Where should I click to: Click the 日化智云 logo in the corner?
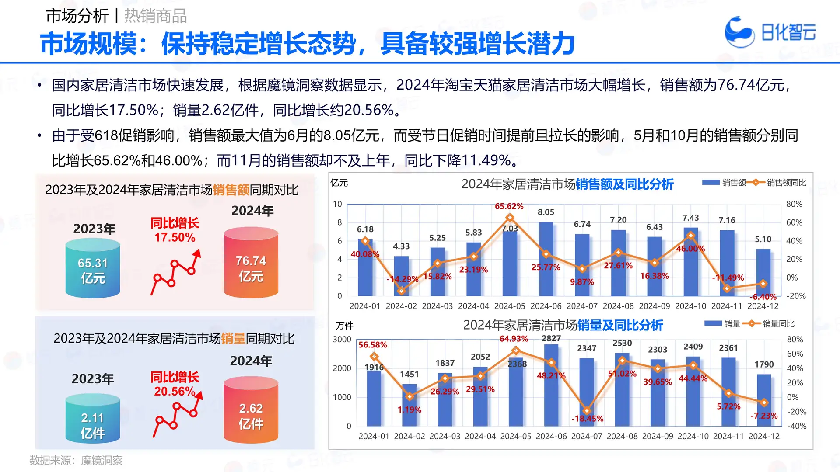click(x=770, y=32)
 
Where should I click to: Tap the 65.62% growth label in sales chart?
click(x=509, y=206)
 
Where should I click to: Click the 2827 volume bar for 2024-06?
click(x=551, y=385)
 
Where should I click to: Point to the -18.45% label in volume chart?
click(x=587, y=419)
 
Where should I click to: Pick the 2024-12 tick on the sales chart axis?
click(x=763, y=306)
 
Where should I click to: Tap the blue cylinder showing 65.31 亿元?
click(x=93, y=269)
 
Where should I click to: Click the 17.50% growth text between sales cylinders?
click(x=175, y=237)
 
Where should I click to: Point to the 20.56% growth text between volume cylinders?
click(x=175, y=391)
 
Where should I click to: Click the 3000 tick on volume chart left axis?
click(x=342, y=340)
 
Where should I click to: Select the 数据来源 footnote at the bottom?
click(x=76, y=460)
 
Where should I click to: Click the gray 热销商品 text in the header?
click(x=155, y=16)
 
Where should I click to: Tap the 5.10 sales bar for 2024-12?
click(x=763, y=273)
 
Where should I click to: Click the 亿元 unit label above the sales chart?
click(x=339, y=183)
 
